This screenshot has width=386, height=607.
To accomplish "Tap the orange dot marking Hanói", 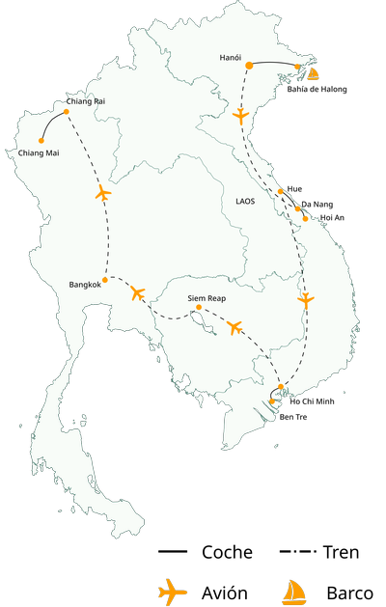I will point(249,66).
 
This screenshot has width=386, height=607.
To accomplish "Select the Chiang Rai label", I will point(86,101).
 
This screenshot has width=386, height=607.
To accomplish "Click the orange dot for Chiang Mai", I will point(41,141).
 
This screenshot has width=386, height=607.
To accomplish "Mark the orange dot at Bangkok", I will point(105,280).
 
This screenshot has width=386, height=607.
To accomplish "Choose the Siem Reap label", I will point(207,298).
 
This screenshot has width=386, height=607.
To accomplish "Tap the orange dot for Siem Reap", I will point(199,308).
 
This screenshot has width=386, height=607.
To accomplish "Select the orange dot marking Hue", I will point(280,191).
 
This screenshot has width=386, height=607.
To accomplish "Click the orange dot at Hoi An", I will point(306,218).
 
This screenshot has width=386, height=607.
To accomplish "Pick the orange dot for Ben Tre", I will point(273,402).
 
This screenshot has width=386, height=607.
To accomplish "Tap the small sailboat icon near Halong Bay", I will point(313,73).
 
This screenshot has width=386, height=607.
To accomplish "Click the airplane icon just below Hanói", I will point(241,117).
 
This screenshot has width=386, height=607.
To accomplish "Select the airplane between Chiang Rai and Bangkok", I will point(103,194).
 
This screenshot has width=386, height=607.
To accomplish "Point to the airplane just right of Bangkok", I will point(137,291).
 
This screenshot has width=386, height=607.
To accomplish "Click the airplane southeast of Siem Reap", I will point(234,328).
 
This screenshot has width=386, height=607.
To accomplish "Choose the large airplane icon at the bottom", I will point(172,591).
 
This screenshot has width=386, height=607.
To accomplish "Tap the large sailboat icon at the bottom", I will point(293,592).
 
